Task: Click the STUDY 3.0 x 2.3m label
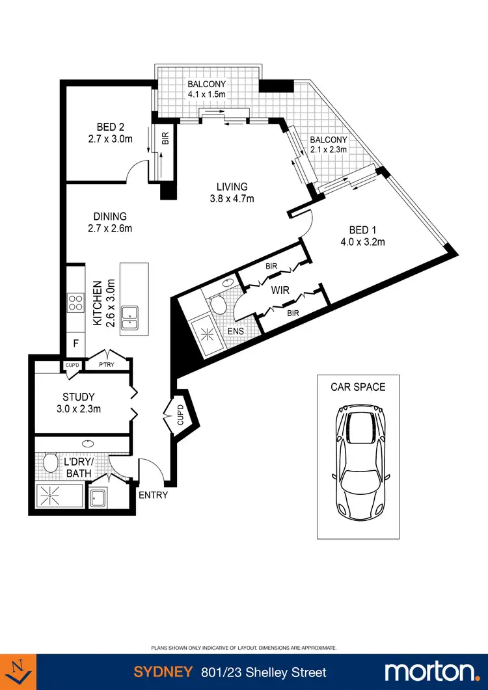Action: pos(79,403)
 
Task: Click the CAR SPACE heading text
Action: pos(358,387)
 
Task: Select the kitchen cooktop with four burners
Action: pos(75,303)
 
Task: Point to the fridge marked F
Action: pos(75,343)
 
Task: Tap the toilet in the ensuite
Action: pos(218,303)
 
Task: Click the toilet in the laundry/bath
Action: pos(50,462)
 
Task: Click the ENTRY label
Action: pos(153,495)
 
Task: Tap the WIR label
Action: pos(280,290)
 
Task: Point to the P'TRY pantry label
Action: pos(106,365)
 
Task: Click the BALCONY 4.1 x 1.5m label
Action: pos(207,89)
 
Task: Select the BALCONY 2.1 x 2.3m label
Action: pos(328,144)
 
